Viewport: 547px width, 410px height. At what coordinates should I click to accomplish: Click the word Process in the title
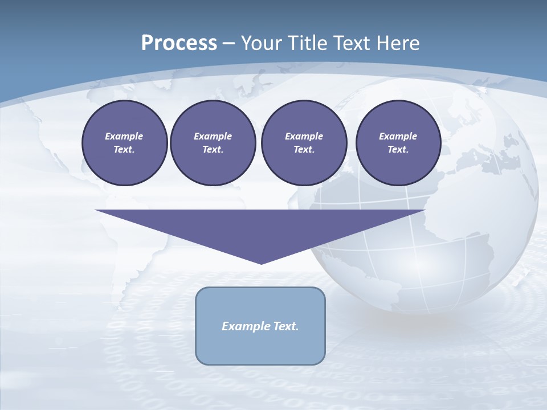tap(179, 43)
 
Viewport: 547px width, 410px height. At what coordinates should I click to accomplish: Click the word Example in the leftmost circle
tap(124, 136)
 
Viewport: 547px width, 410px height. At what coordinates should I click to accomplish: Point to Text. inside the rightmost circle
tap(398, 150)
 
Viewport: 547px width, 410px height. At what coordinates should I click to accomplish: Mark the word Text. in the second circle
tap(213, 150)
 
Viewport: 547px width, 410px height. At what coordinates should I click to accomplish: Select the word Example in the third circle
tap(304, 136)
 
